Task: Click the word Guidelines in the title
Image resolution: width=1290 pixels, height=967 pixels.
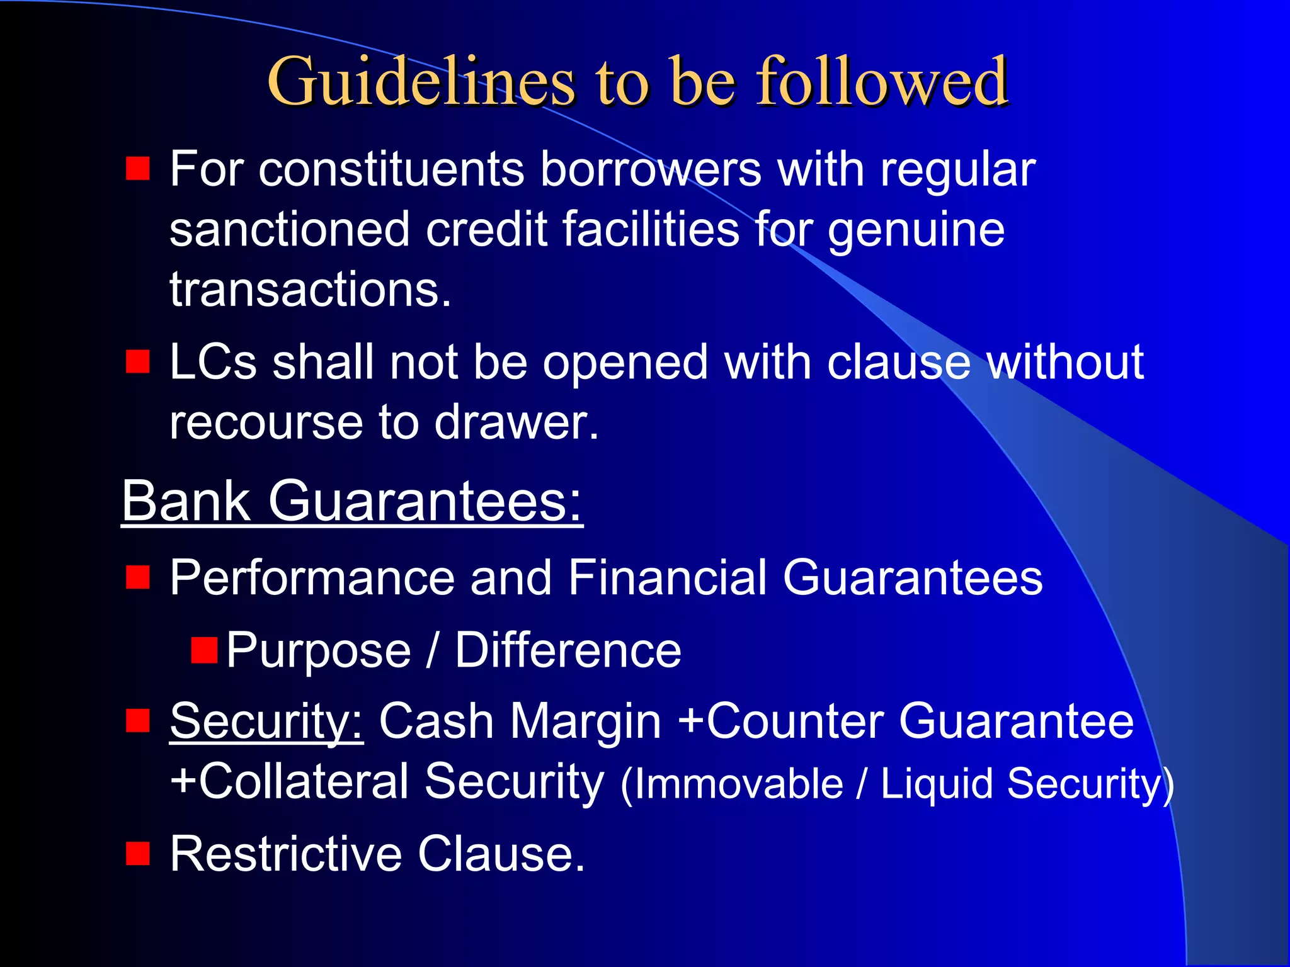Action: point(421,82)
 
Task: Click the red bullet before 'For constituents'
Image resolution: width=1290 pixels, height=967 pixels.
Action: point(137,169)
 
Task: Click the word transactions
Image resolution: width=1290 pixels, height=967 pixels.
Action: point(310,290)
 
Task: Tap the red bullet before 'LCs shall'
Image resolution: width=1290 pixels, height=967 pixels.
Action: point(137,362)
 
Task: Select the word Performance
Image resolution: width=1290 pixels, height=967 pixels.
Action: point(312,577)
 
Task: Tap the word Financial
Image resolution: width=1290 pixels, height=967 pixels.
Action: point(667,577)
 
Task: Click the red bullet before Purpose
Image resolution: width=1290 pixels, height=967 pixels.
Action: point(204,650)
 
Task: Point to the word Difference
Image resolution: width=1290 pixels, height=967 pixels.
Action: point(568,650)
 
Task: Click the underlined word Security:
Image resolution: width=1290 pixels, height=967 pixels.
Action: point(266,721)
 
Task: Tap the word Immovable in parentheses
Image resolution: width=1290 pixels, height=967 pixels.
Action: point(738,784)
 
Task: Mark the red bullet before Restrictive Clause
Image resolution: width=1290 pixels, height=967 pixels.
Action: point(137,854)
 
